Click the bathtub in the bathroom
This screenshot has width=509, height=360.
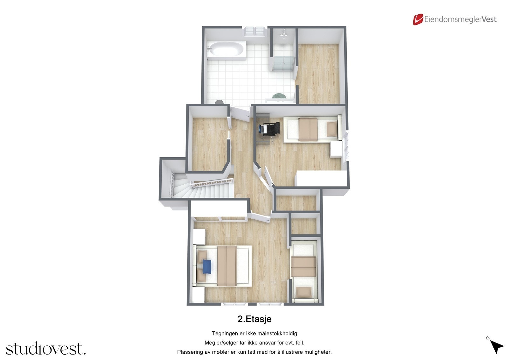coord(226,50)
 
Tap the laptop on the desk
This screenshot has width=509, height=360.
coord(263,129)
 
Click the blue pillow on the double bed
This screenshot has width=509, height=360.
coord(206,266)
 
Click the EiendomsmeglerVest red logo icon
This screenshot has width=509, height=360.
coord(418,19)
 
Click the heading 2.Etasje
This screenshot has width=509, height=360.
coord(254,319)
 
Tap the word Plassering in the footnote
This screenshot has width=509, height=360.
coord(190,352)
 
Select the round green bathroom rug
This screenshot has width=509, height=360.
coord(279,96)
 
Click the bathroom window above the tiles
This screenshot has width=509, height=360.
coord(254,31)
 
